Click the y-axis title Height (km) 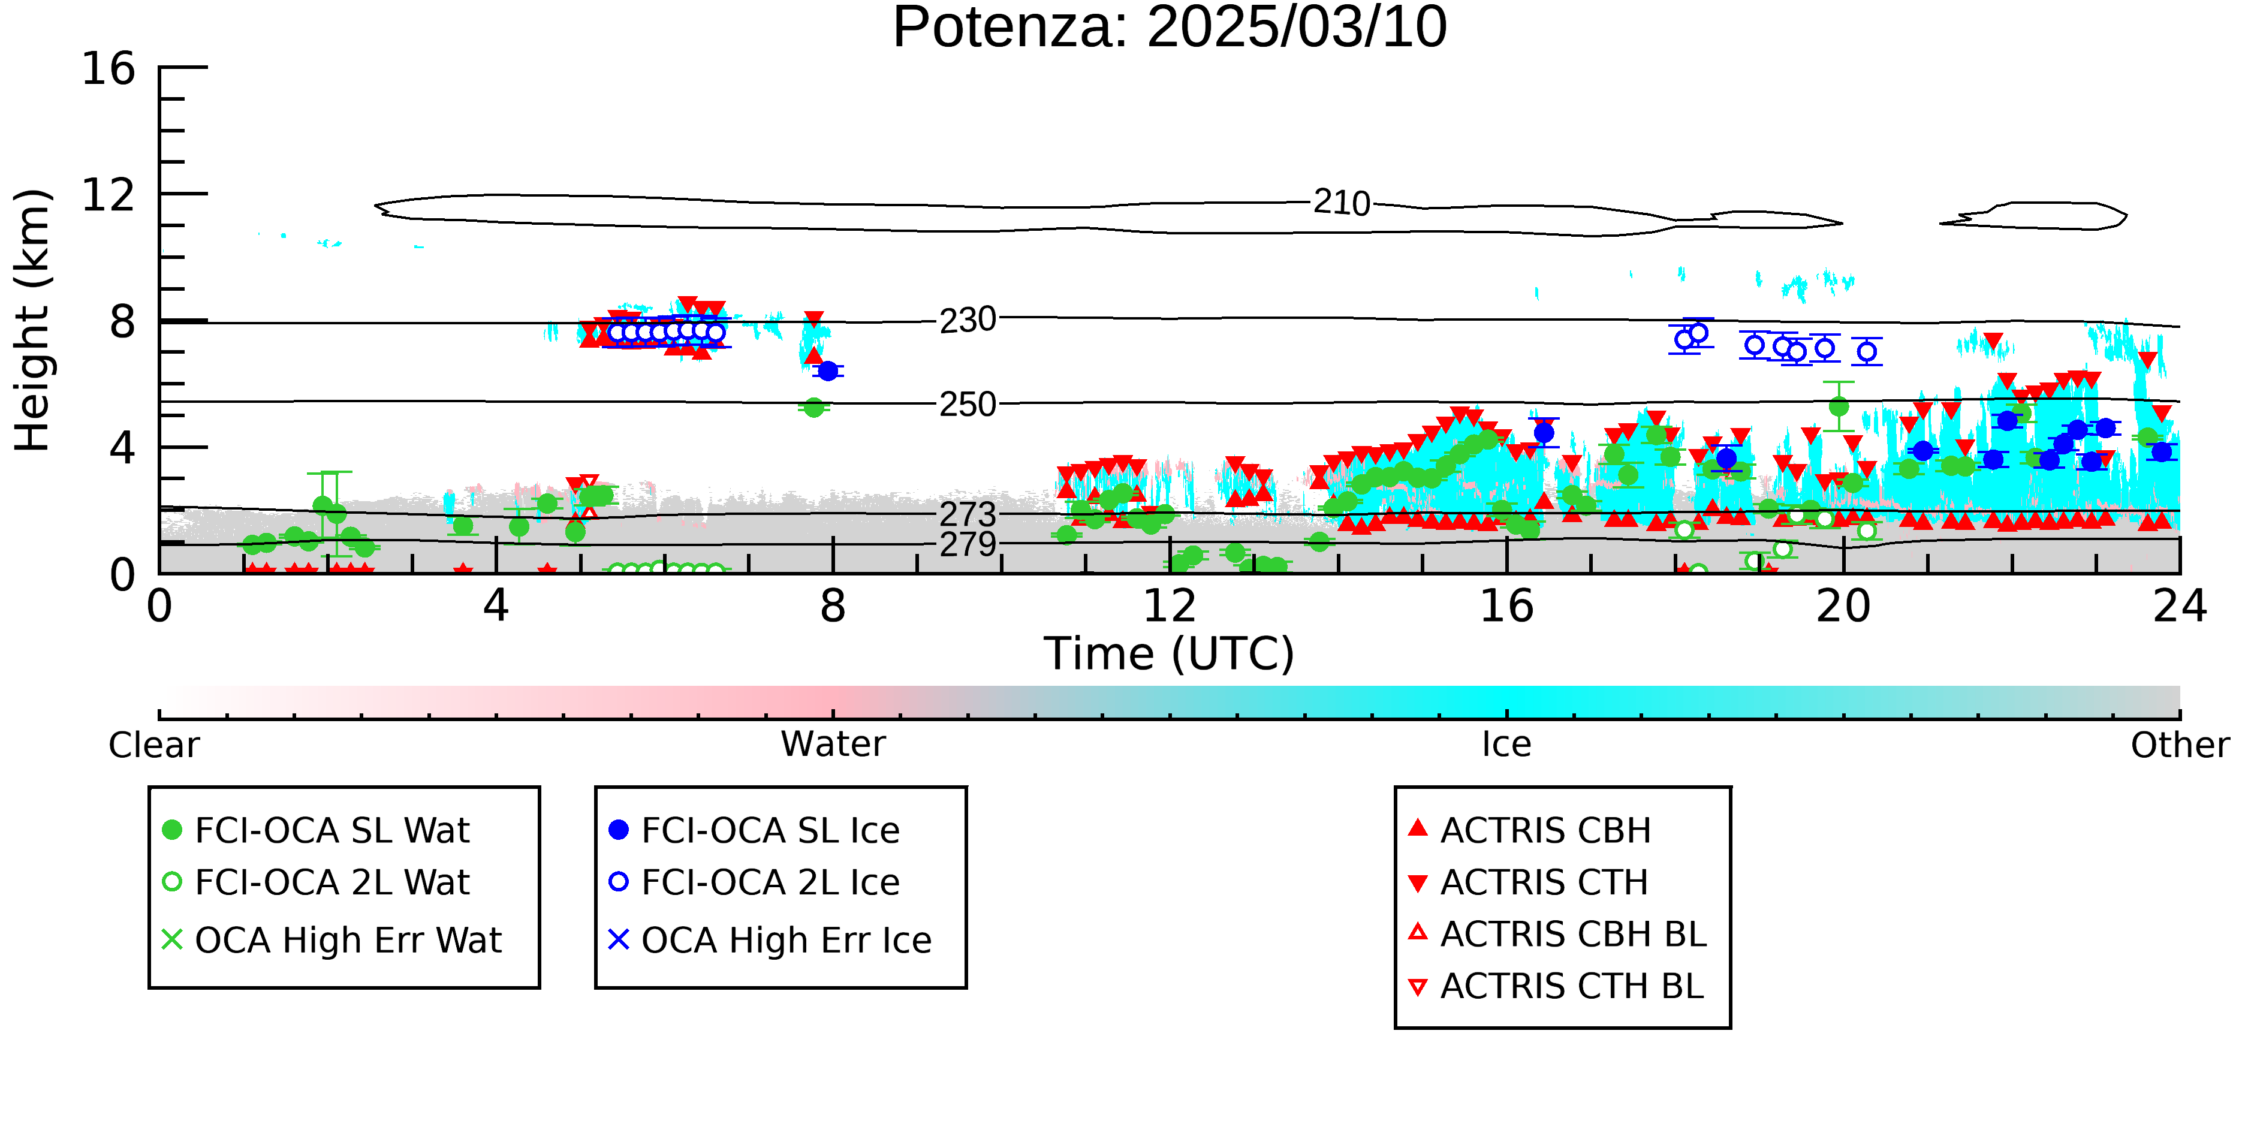(x=33, y=320)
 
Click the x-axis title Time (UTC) (x=1170, y=653)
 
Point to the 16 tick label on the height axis (x=109, y=68)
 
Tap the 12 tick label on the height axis (x=109, y=195)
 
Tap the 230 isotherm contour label (x=968, y=320)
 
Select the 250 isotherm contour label (x=968, y=405)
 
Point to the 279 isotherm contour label (x=968, y=544)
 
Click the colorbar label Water (x=833, y=745)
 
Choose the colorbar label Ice (x=1507, y=745)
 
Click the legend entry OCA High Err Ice (x=770, y=941)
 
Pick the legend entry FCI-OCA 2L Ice (x=754, y=882)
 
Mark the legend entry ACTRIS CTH (x=1528, y=882)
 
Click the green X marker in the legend (x=172, y=940)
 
